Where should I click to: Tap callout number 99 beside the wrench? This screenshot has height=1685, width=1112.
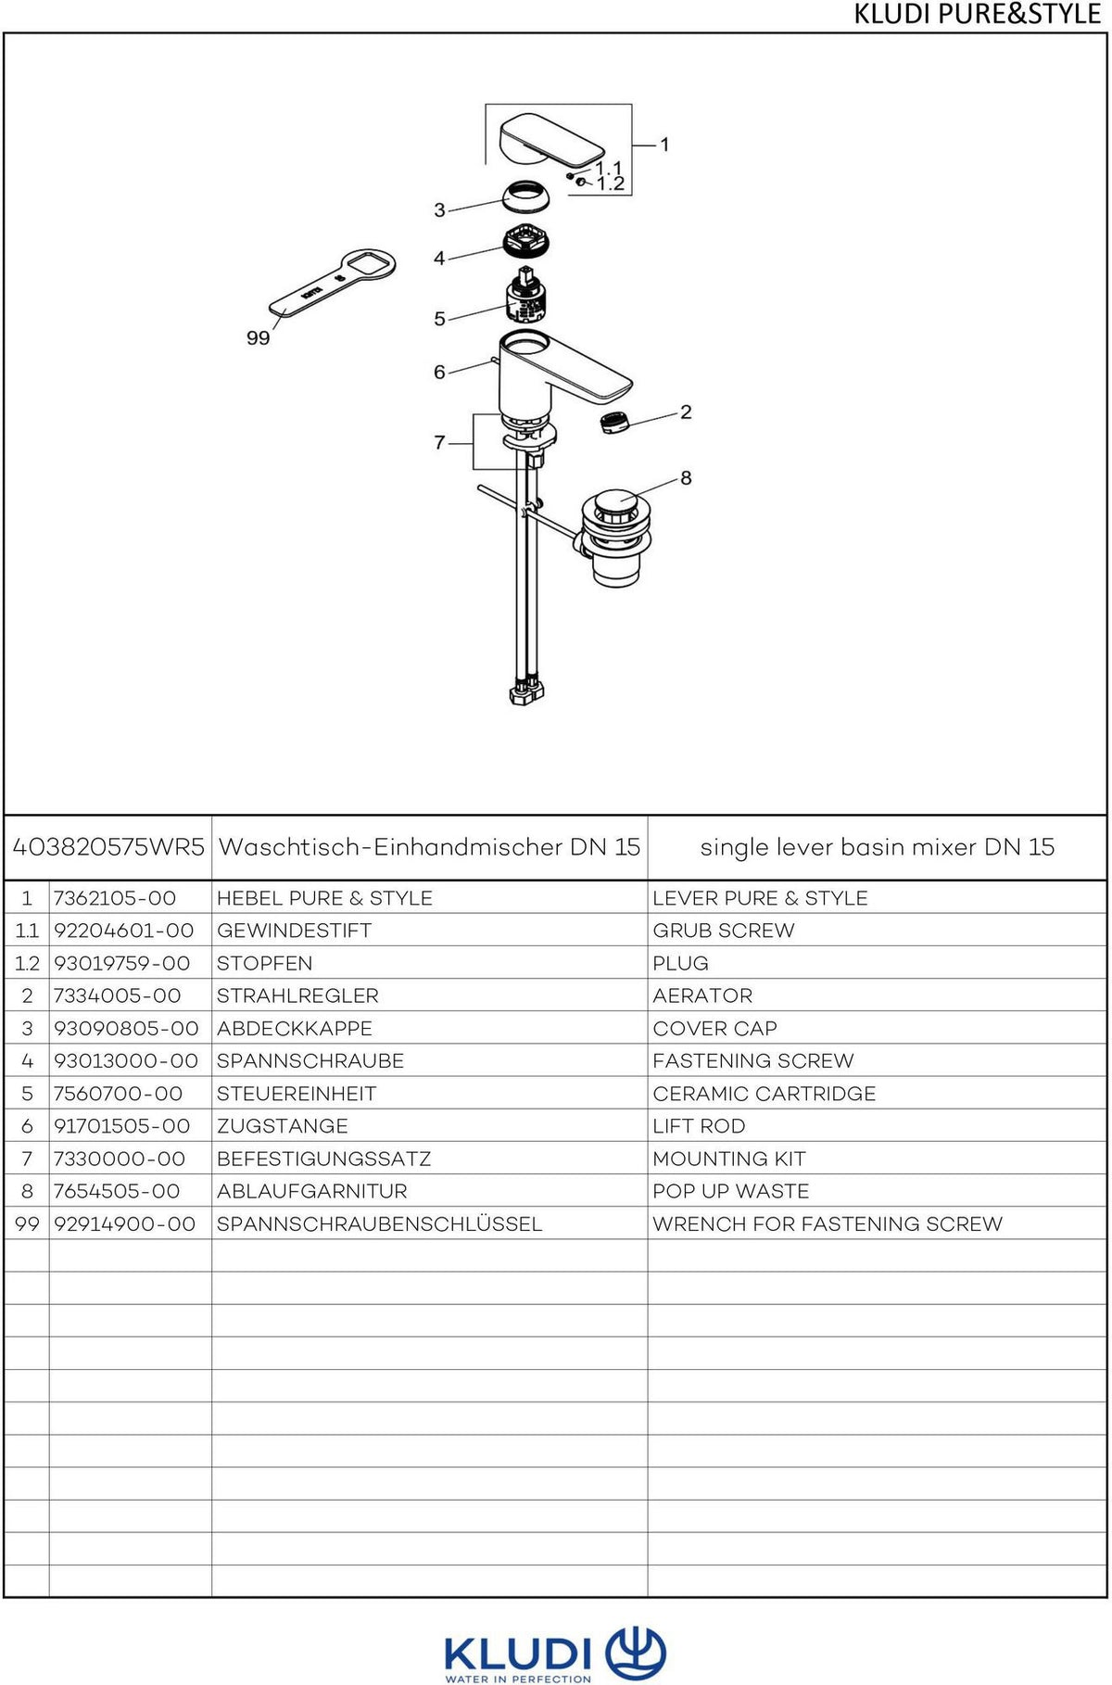(258, 338)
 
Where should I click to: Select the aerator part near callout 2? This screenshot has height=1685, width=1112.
(613, 422)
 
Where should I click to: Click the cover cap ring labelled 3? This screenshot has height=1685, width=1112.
(525, 197)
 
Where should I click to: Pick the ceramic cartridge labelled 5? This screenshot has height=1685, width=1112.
(526, 294)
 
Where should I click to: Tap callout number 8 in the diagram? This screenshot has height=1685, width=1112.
(686, 477)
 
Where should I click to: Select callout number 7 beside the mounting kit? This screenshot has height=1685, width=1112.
(439, 443)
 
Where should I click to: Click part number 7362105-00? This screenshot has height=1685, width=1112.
(115, 898)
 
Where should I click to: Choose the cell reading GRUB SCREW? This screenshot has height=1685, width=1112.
(724, 931)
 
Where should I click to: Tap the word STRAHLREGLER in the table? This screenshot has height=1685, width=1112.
(297, 995)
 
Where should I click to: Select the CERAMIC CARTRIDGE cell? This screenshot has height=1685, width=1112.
(764, 1094)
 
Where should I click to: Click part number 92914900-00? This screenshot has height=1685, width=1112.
(125, 1223)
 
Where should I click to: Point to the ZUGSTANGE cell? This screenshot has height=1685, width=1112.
(283, 1126)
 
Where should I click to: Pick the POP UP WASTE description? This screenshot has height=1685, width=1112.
(731, 1191)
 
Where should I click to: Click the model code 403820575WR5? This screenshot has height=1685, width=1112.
(108, 846)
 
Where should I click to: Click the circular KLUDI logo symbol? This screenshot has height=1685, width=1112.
(636, 1652)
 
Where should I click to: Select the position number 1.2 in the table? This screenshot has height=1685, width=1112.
(27, 963)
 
